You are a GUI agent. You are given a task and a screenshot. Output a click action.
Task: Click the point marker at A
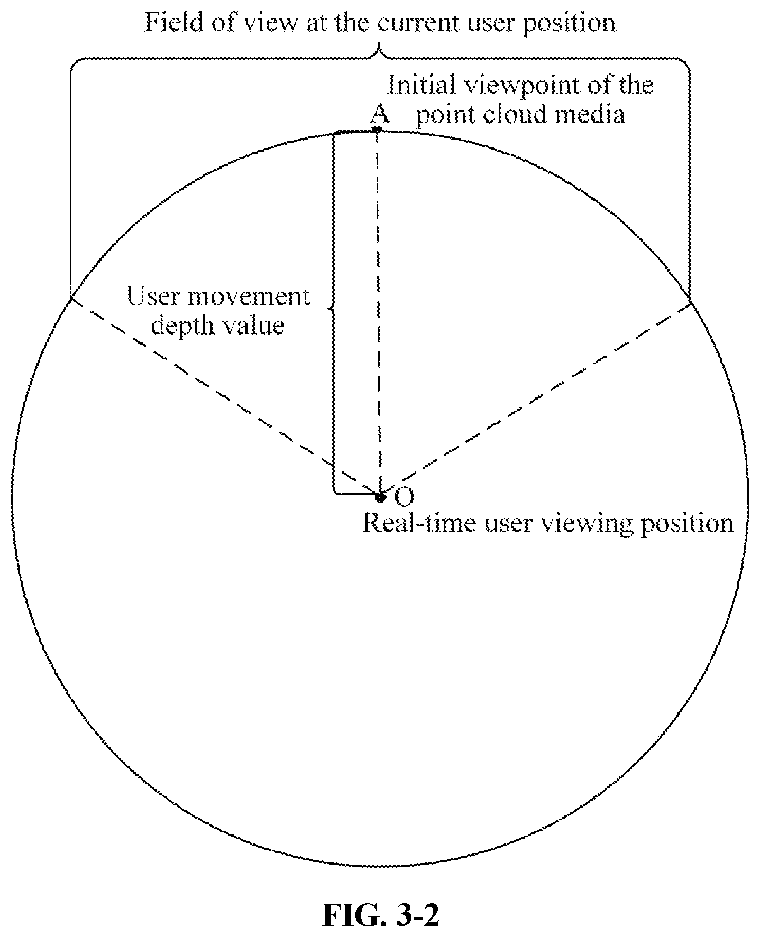(377, 129)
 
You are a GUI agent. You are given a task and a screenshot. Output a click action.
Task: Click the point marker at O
(379, 496)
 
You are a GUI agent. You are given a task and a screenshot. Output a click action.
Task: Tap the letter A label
(379, 112)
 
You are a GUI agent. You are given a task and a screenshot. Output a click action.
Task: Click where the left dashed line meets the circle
(71, 299)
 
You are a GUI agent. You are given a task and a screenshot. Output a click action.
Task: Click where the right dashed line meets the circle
(690, 303)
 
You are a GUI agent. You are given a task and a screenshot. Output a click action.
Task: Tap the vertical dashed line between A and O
(378, 312)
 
